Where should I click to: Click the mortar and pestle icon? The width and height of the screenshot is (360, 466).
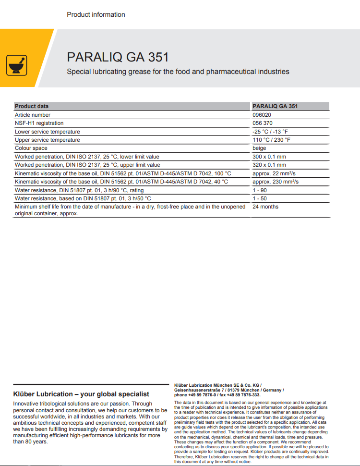17,65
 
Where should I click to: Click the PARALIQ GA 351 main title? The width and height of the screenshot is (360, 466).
118,57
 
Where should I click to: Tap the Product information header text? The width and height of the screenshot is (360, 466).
96,14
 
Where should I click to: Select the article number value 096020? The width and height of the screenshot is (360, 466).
262,115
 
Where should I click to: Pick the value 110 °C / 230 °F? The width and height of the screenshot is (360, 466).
271,140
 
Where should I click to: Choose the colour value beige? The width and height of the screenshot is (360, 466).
259,148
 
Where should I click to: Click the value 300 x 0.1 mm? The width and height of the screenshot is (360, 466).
269,157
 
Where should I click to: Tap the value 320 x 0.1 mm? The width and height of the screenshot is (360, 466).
269,165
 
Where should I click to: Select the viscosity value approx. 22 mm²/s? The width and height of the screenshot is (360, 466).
274,173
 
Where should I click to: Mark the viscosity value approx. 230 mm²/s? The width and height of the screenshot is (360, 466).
276,182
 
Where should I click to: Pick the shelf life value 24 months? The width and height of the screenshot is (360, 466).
265,207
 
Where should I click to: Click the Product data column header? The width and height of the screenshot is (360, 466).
32,106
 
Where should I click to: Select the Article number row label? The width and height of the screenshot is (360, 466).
33,115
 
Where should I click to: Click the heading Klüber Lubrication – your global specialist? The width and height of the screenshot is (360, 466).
81,394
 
